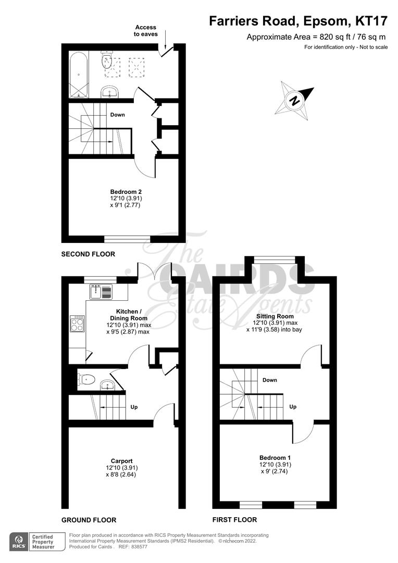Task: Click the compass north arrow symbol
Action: click(295, 100)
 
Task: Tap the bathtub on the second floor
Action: click(79, 74)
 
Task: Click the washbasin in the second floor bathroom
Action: click(110, 93)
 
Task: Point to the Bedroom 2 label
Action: click(126, 192)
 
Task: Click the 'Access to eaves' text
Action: click(145, 31)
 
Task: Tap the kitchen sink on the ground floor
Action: click(101, 292)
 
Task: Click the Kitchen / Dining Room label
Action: click(128, 314)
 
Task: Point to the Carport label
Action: click(122, 461)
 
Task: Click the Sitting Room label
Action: click(275, 316)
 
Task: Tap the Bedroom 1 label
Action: click(275, 458)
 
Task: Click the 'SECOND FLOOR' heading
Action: click(88, 254)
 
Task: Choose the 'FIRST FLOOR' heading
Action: click(234, 520)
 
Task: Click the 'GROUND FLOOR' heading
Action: click(89, 520)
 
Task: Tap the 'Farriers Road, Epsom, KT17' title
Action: click(298, 21)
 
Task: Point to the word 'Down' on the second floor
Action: click(117, 115)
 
